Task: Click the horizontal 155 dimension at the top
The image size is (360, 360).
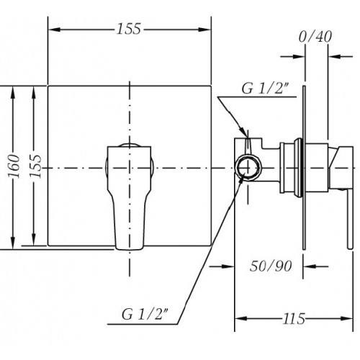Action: pyautogui.click(x=129, y=29)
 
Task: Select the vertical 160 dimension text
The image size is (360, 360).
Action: pyautogui.click(x=14, y=166)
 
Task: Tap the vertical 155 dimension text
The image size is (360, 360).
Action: pyautogui.click(x=35, y=166)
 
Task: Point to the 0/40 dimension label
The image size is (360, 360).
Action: pyautogui.click(x=315, y=37)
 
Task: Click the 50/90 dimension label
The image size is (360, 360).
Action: pyautogui.click(x=271, y=266)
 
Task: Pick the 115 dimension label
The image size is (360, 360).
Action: pyautogui.click(x=294, y=319)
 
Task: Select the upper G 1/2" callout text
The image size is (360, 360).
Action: pyautogui.click(x=265, y=89)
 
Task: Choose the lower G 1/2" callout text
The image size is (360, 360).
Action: pyautogui.click(x=145, y=315)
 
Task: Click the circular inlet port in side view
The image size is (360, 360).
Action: pyautogui.click(x=248, y=167)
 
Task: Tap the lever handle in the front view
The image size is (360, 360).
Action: pyautogui.click(x=130, y=197)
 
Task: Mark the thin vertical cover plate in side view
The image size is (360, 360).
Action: pyautogui.click(x=304, y=168)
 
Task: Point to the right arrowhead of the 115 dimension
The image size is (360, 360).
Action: pyautogui.click(x=347, y=318)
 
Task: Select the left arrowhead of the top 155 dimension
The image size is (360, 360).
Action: pyautogui.click(x=54, y=30)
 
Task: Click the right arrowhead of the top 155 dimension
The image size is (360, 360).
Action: pyautogui.click(x=204, y=30)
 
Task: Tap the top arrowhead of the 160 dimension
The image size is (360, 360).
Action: pyautogui.click(x=13, y=92)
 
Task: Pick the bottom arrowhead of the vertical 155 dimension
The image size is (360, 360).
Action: pyautogui.click(x=34, y=239)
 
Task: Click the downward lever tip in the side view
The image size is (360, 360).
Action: pyautogui.click(x=350, y=247)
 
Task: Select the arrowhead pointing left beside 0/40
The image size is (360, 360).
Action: pyautogui.click(x=335, y=57)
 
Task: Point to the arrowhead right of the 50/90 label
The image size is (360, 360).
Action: pyautogui.click(x=310, y=266)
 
